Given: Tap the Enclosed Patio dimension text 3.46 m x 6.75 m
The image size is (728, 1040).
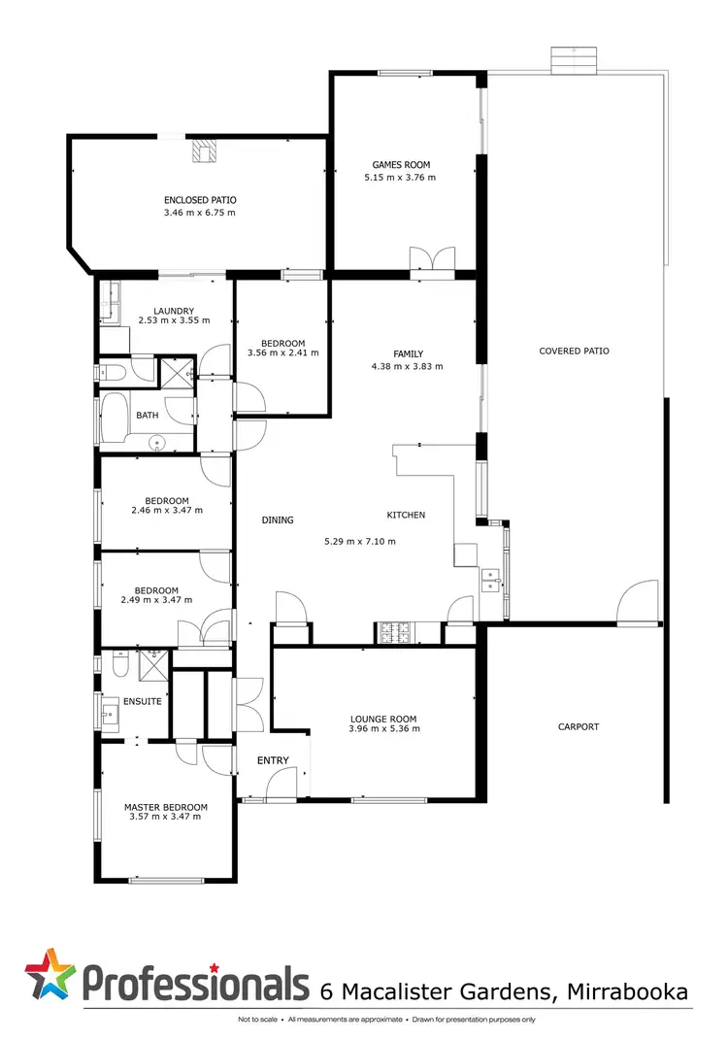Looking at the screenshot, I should point(200,212).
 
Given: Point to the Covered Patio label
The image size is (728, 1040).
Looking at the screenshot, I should point(575,351).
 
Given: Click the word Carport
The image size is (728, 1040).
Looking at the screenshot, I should point(579,726).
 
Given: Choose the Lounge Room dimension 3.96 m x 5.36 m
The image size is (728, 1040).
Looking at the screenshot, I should point(384,729).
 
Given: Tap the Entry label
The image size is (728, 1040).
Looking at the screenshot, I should point(273,760).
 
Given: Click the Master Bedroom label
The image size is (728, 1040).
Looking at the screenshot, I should point(165,807).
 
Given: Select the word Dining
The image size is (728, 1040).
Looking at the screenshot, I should point(278,520).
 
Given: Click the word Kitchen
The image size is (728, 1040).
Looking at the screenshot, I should point(406,515).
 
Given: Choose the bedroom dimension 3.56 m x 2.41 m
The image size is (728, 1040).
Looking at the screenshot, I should point(282,353).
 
